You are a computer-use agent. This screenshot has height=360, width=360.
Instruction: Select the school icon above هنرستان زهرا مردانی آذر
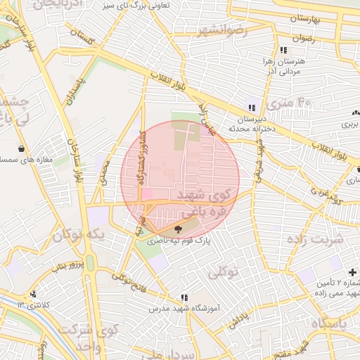click(283, 51)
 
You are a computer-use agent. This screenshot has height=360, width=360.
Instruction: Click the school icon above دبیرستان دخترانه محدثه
click(252, 108)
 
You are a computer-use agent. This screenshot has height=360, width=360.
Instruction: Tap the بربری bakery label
click(349, 123)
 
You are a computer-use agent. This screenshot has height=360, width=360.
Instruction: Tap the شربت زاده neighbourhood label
click(316, 239)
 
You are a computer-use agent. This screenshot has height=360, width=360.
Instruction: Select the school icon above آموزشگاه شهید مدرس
click(184, 297)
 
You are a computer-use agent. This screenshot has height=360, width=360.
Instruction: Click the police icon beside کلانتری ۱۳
click(33, 294)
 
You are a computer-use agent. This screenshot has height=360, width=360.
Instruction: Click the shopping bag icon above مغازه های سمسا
click(22, 148)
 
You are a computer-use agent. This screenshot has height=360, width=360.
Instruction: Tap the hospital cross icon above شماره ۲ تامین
click(352, 271)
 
